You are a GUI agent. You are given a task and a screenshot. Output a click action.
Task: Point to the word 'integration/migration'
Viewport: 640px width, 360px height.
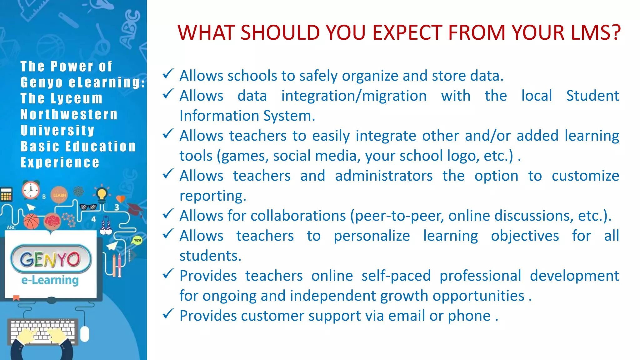coord(354,96)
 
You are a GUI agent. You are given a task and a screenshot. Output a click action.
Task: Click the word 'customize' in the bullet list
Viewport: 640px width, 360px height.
coord(585,176)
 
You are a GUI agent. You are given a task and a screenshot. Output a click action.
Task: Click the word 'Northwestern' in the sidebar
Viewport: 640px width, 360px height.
coord(69,114)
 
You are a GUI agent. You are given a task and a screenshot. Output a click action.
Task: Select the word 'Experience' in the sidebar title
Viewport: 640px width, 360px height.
coord(60,162)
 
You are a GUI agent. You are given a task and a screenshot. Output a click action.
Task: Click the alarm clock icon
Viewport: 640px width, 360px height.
coord(31,190)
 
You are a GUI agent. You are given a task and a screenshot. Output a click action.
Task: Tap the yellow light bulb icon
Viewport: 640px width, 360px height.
coord(102,194)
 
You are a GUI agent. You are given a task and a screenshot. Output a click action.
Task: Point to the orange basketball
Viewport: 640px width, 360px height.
coord(31,221)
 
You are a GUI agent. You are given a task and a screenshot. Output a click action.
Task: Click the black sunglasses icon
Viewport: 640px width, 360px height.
coord(88,207)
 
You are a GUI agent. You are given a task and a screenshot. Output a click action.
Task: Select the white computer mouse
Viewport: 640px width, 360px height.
coord(85,334)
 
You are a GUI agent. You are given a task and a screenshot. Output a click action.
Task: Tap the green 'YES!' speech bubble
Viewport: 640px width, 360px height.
coord(137,240)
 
